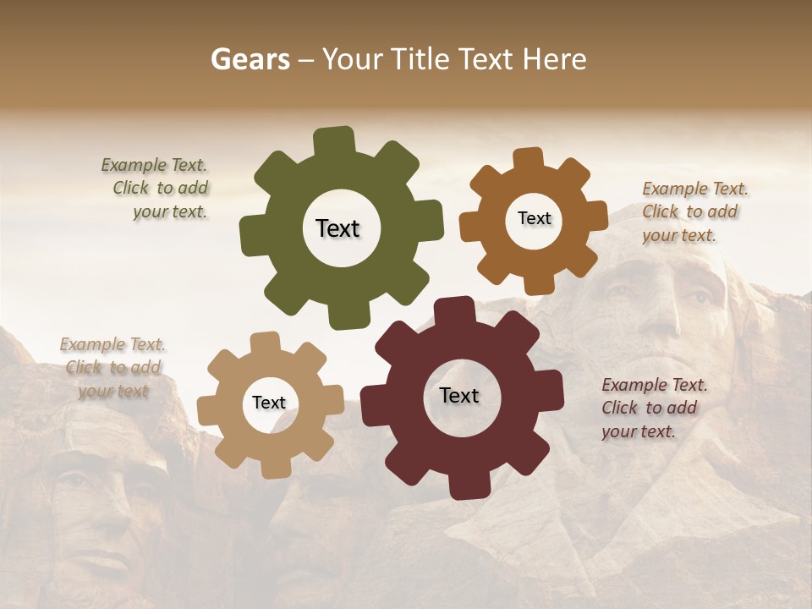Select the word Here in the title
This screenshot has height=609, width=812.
[x=555, y=60]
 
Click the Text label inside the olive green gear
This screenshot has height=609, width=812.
[x=337, y=228]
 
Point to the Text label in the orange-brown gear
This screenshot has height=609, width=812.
[x=534, y=218]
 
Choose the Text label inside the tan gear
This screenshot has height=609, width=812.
[x=269, y=403]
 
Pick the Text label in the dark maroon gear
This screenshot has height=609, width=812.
[x=459, y=395]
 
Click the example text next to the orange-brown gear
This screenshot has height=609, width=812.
[x=694, y=212]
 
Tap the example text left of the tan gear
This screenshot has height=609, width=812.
[x=112, y=367]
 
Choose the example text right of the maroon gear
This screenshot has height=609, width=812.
[x=653, y=408]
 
